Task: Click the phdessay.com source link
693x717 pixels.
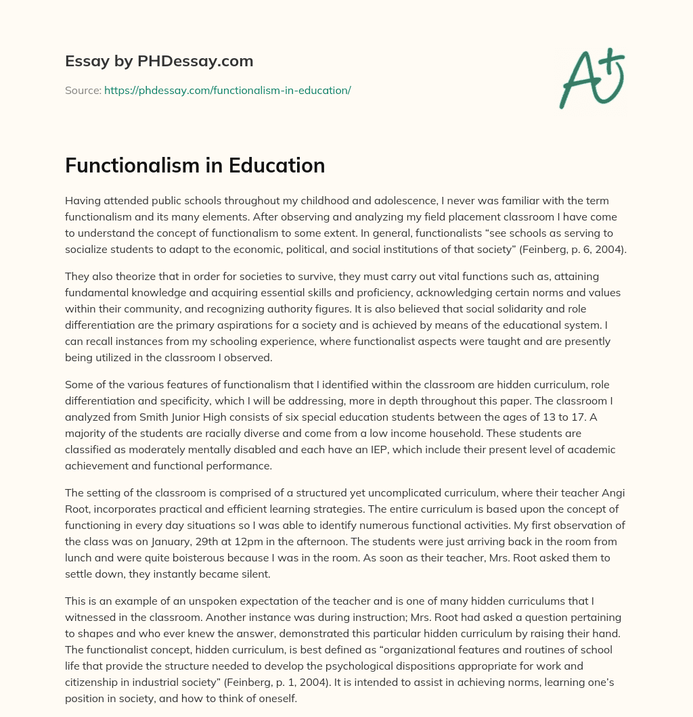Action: pos(227,90)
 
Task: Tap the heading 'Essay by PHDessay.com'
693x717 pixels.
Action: pos(159,61)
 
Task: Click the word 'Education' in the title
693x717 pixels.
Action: pos(275,165)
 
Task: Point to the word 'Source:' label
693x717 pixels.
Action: pos(83,90)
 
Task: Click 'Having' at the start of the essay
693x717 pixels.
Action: pos(83,200)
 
